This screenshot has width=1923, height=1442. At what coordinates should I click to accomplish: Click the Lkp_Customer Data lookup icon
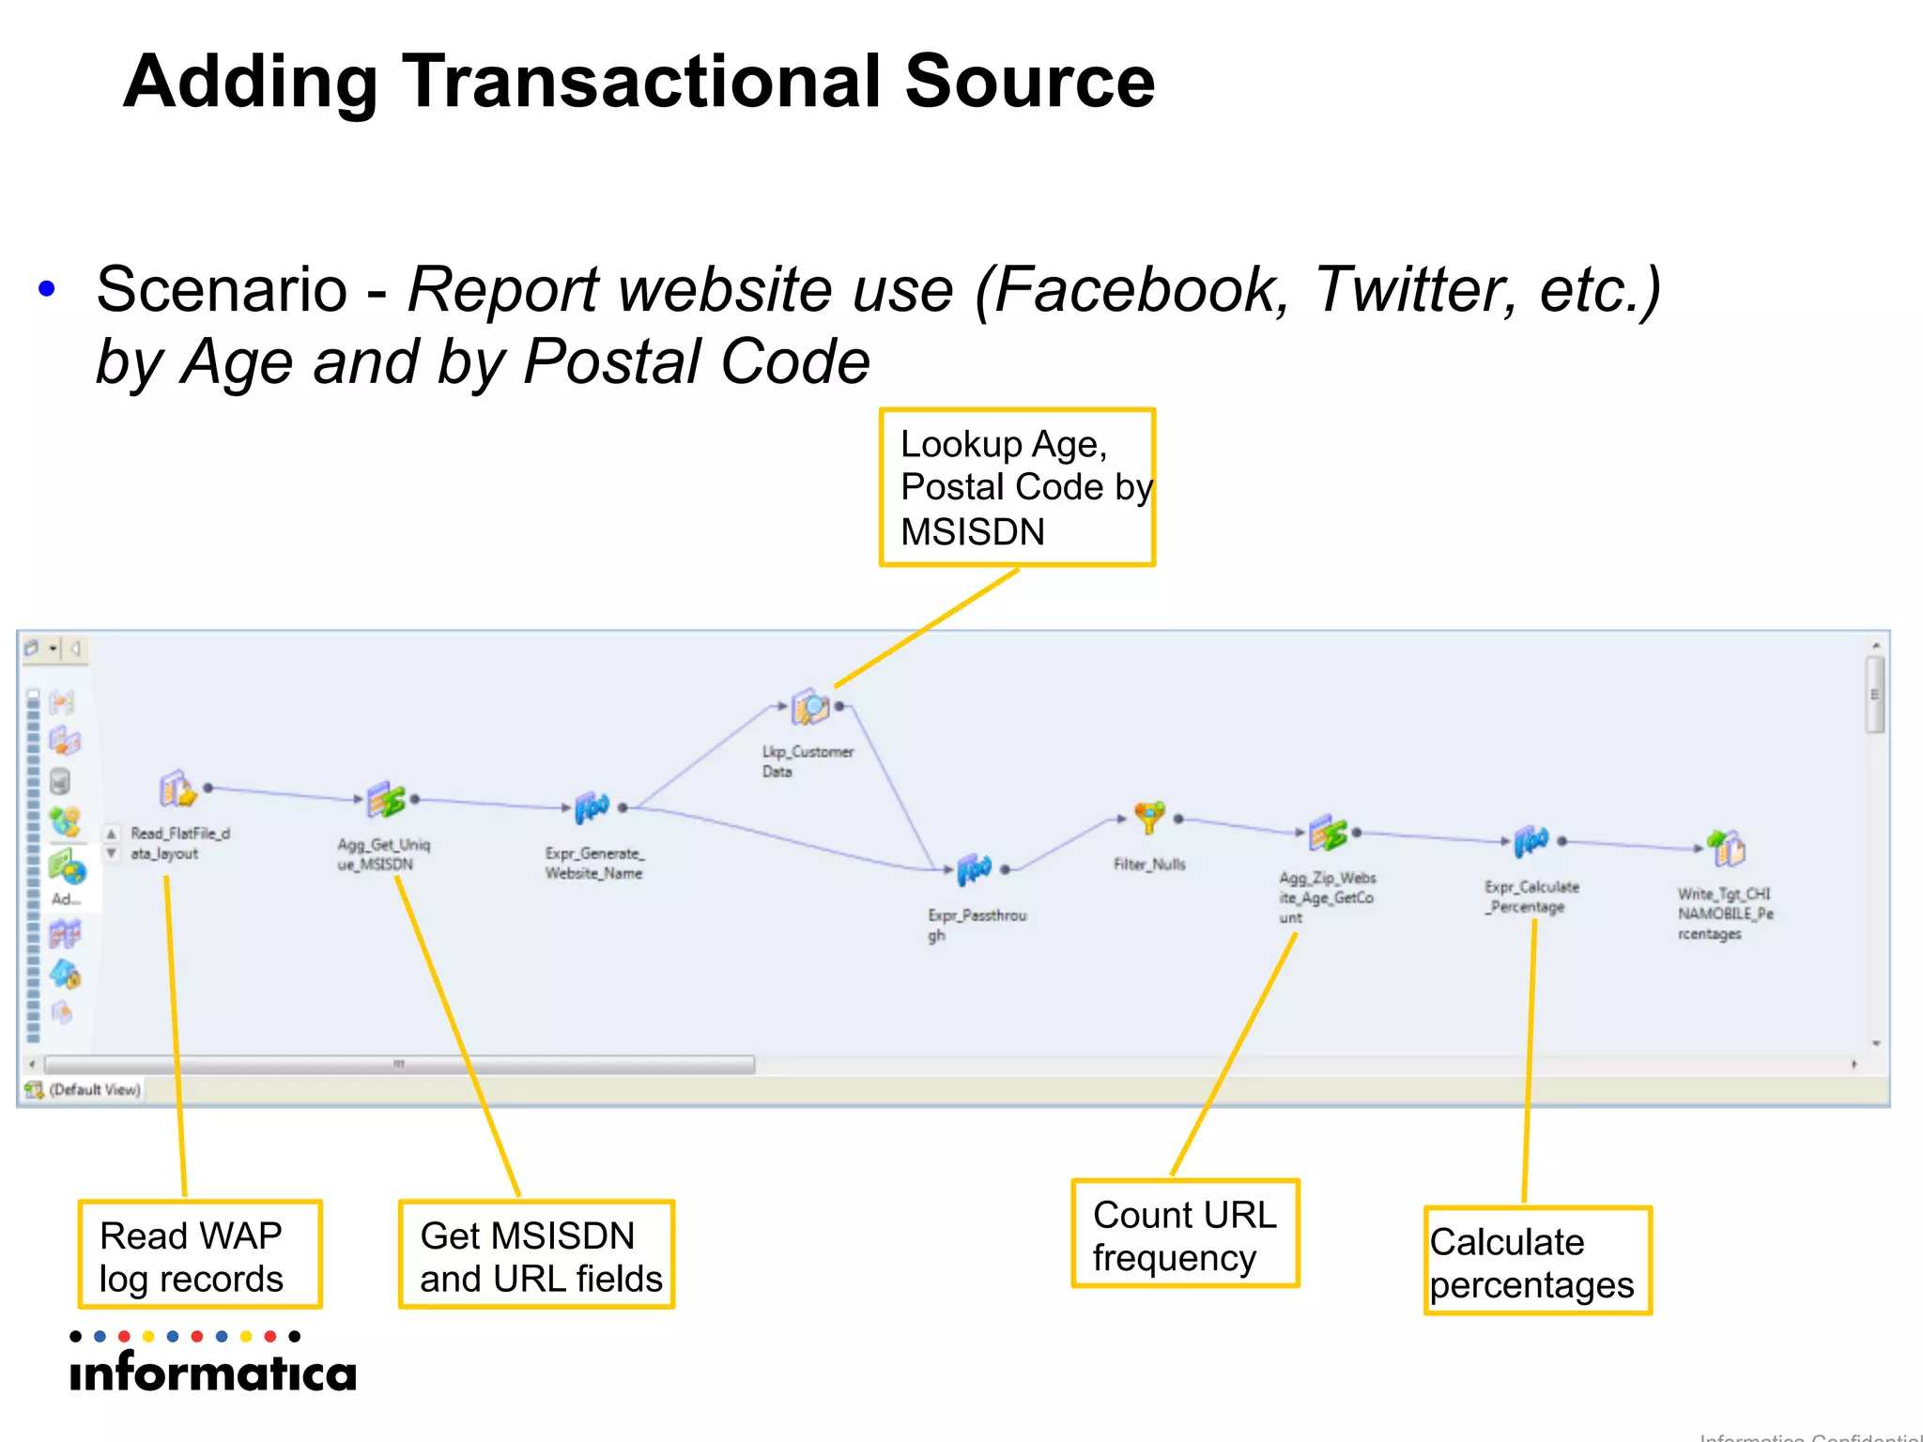point(809,707)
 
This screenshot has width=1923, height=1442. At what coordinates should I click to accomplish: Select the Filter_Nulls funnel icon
point(1149,818)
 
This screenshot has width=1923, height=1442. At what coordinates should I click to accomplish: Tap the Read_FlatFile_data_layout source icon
point(177,789)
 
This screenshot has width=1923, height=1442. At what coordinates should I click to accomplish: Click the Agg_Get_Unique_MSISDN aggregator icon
point(386,800)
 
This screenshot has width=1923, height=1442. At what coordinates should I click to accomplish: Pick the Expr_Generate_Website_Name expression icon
point(592,807)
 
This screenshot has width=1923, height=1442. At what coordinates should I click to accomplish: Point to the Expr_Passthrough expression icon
point(975,870)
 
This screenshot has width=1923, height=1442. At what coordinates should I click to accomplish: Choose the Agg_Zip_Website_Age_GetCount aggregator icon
point(1328,833)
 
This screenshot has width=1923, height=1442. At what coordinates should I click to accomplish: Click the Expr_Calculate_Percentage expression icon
point(1531,842)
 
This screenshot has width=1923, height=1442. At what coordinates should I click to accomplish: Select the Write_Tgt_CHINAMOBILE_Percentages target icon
point(1727,849)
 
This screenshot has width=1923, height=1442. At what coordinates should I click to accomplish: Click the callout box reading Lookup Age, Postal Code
point(1017,487)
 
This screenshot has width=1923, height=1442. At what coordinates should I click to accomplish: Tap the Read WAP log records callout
point(200,1255)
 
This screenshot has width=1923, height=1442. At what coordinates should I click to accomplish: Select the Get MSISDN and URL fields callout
point(537,1255)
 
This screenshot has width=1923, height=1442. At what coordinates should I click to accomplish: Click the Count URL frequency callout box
point(1185,1234)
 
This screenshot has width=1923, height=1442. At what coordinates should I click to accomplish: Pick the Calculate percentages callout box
point(1537,1262)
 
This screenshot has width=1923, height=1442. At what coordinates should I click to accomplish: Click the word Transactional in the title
point(641,83)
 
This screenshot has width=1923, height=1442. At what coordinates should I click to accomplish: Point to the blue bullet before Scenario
point(47,289)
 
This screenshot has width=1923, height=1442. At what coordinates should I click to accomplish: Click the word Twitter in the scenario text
point(1413,289)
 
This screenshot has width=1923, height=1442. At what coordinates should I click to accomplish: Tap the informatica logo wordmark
point(213,1373)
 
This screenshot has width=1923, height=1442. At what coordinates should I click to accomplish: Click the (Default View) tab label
point(94,1090)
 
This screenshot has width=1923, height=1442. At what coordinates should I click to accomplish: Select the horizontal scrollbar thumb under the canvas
point(399,1065)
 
